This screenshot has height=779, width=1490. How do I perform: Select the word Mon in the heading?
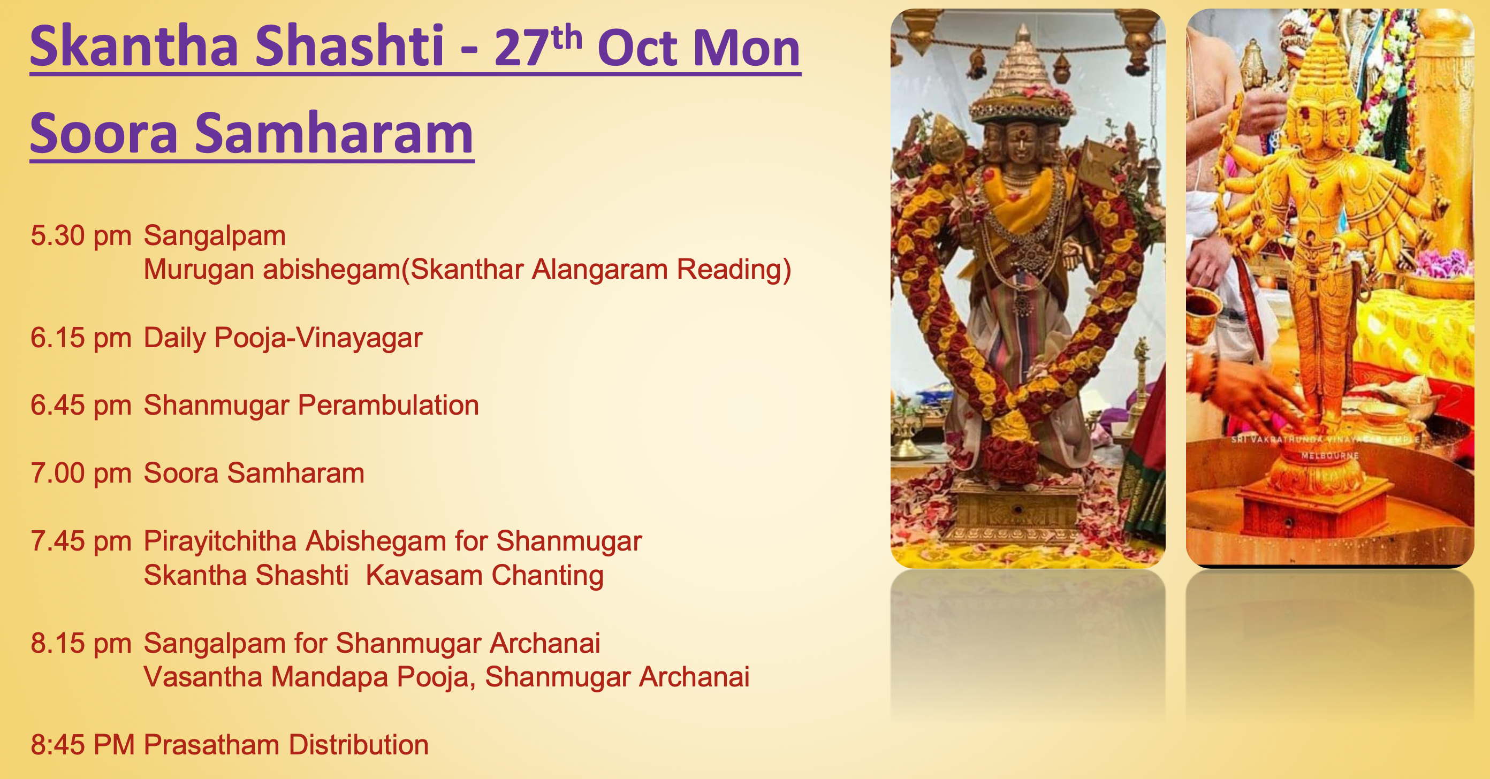click(746, 49)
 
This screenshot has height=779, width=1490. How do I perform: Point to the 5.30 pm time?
click(81, 236)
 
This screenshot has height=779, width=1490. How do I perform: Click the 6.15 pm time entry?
click(81, 338)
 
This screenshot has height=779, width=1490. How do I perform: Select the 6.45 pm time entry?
click(81, 406)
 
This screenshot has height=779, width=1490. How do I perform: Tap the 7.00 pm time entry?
click(81, 473)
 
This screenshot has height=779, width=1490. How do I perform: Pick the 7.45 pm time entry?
click(81, 542)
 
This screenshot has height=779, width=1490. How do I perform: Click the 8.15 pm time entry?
click(81, 644)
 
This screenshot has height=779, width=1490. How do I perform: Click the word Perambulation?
click(388, 406)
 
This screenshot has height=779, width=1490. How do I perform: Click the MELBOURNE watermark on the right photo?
click(1329, 456)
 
